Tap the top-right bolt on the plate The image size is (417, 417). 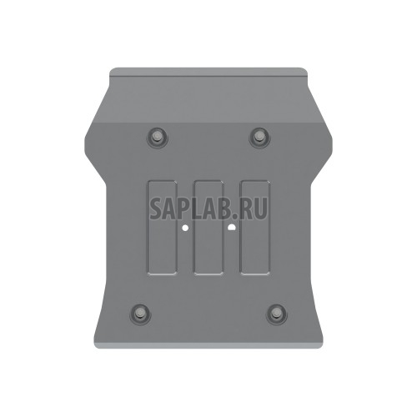(259, 136)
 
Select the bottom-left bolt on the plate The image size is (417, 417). (138, 314)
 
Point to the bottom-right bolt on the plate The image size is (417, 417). (277, 314)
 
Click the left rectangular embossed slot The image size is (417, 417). (159, 227)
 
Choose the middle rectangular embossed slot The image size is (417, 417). (208, 227)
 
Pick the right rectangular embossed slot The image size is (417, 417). (254, 227)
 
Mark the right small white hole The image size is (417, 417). (231, 225)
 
